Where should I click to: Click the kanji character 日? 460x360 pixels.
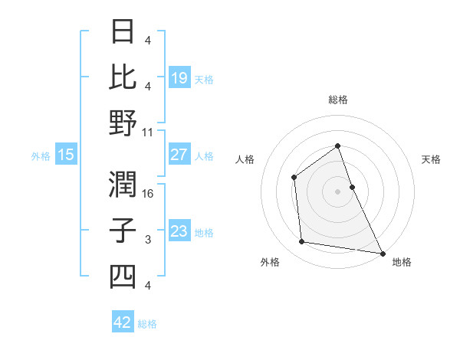[123, 33]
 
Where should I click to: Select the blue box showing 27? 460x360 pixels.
[179, 155]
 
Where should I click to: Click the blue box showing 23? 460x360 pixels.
[179, 231]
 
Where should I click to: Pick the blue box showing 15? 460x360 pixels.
[66, 155]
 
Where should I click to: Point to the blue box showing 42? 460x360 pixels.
[123, 322]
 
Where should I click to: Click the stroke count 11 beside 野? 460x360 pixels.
[148, 132]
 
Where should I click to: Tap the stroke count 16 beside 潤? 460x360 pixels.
[148, 193]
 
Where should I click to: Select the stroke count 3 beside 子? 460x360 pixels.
[148, 240]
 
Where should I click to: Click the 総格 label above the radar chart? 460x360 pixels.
[337, 100]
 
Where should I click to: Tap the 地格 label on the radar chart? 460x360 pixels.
[402, 262]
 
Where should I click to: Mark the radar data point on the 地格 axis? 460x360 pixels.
[383, 253]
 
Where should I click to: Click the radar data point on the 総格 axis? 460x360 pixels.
[337, 146]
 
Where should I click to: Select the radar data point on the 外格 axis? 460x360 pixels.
[302, 242]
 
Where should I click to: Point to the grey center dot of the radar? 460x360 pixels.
[337, 191]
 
